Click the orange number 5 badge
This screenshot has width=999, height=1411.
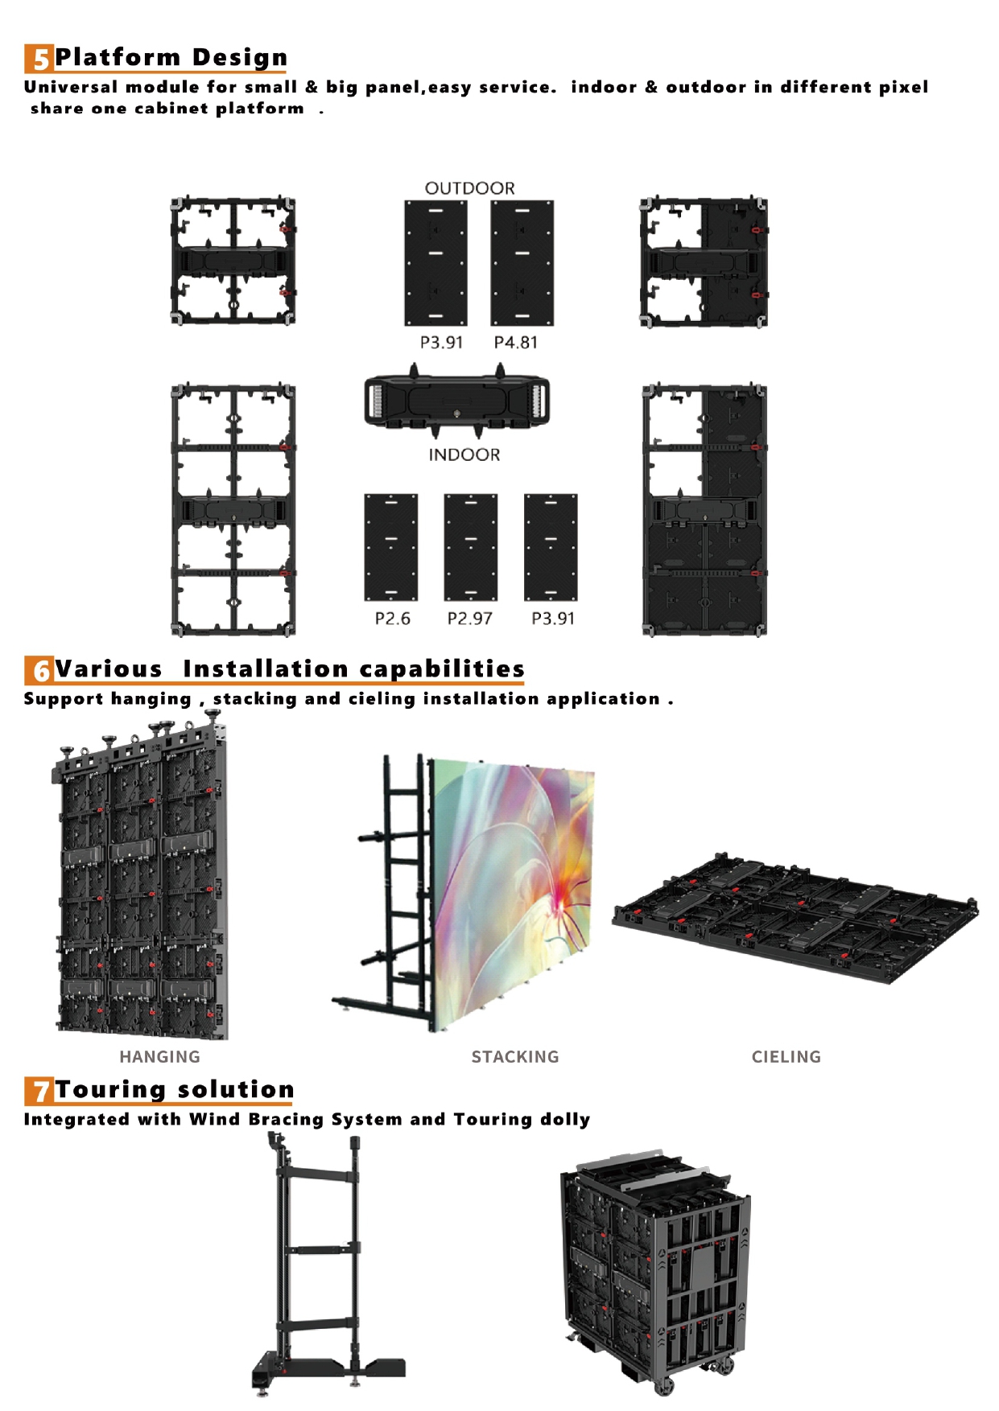tap(39, 59)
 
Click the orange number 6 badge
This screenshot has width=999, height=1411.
tap(39, 670)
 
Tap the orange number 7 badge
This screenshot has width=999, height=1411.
tap(39, 1091)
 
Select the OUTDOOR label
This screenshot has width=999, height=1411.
tap(469, 188)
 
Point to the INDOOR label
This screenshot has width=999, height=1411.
tap(464, 455)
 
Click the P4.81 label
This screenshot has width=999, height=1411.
tap(515, 343)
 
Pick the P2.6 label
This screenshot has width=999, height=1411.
tap(392, 619)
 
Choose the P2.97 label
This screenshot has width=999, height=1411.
tap(469, 619)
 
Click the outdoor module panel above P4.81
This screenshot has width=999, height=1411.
tap(522, 263)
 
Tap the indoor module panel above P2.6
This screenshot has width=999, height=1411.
tap(391, 547)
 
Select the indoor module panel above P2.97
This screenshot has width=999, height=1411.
tap(470, 547)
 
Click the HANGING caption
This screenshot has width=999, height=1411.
tap(159, 1057)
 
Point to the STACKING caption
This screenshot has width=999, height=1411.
tap(515, 1057)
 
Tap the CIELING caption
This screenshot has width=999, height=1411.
tap(786, 1057)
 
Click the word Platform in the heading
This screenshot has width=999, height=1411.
tap(118, 57)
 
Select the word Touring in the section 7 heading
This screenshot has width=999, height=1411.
tap(111, 1089)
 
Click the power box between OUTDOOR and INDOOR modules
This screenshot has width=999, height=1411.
tap(456, 400)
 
